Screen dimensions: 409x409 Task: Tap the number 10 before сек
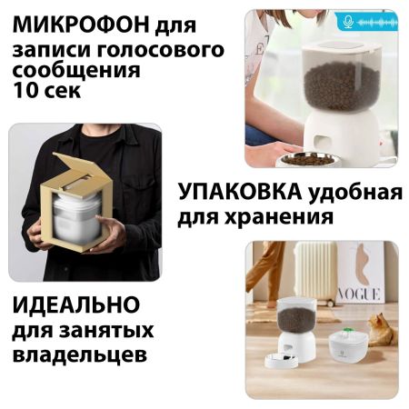click(x=27, y=92)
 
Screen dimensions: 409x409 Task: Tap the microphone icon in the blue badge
click(x=348, y=20)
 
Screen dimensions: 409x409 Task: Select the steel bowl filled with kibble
click(x=307, y=157)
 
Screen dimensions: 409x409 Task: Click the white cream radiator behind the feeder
click(x=316, y=270)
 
